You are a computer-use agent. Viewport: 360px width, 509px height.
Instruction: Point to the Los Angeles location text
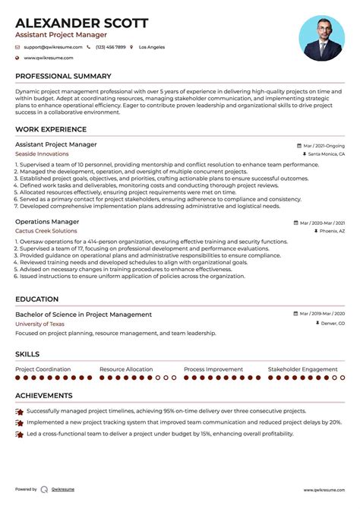pos(152,47)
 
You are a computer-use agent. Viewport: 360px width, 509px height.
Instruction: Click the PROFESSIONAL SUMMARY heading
pos(63,76)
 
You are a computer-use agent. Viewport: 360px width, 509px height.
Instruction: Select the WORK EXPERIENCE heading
pos(51,129)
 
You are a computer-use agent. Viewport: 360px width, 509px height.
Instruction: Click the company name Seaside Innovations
pos(41,153)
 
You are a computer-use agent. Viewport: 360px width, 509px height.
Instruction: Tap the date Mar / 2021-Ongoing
pos(323,144)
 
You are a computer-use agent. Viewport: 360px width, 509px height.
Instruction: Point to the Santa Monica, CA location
pos(327,153)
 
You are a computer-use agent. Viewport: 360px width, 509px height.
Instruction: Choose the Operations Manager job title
pos(43,222)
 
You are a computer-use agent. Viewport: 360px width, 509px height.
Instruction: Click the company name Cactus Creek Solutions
pos(46,231)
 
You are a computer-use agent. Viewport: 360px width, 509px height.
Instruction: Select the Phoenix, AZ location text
pos(332,231)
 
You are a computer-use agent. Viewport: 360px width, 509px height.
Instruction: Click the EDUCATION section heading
pos(37,299)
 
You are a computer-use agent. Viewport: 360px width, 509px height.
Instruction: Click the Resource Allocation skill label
pos(126,369)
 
